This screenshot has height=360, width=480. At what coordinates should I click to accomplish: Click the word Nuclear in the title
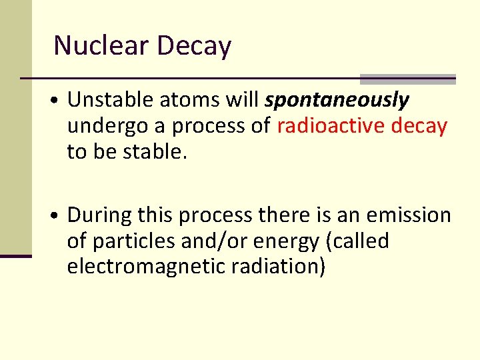click(x=101, y=46)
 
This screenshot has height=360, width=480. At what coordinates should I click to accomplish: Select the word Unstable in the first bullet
click(x=109, y=100)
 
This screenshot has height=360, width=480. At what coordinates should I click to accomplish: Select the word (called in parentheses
click(x=357, y=241)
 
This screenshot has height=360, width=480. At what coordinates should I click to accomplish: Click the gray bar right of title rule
click(x=407, y=79)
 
